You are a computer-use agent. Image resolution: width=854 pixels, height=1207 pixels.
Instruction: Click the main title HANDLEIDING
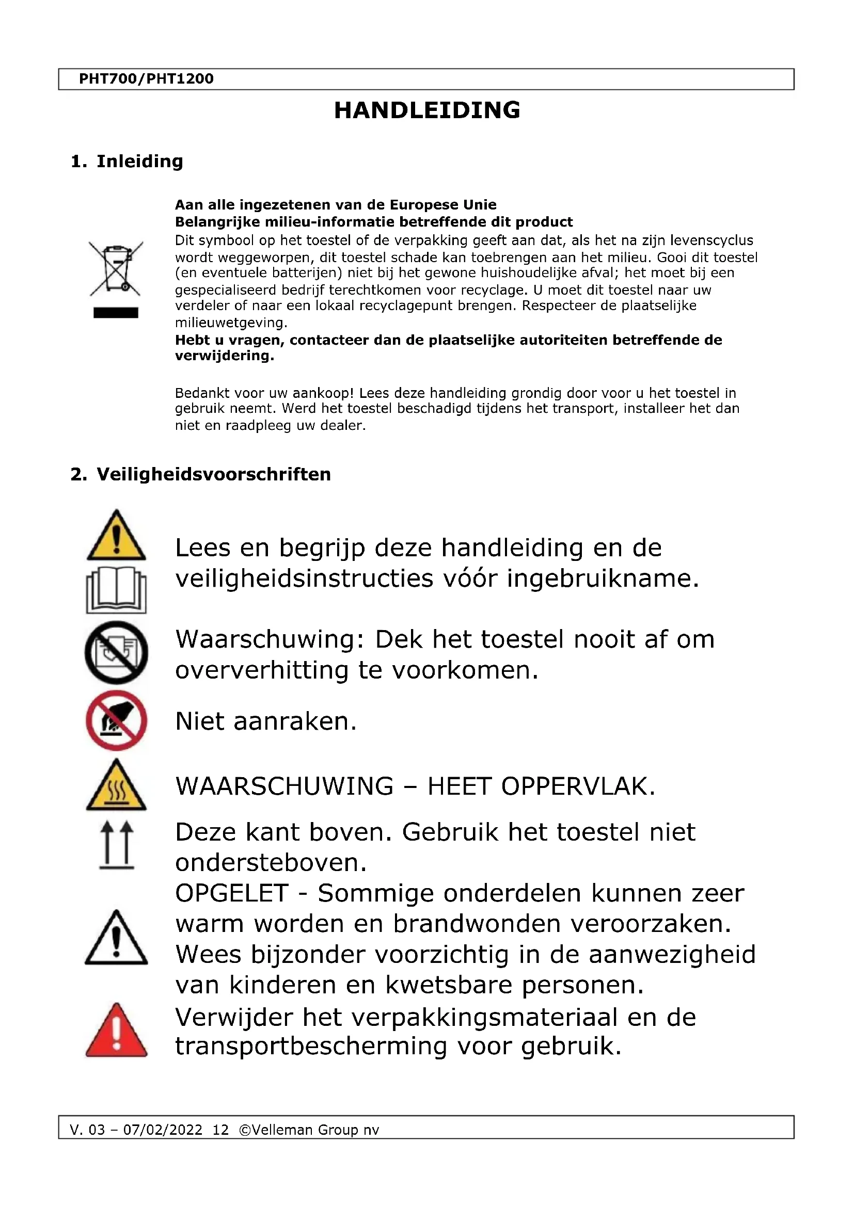click(427, 110)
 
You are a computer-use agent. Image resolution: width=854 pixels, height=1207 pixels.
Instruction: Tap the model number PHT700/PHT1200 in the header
click(146, 79)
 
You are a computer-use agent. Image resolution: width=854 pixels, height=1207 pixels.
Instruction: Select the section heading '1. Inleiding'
click(126, 162)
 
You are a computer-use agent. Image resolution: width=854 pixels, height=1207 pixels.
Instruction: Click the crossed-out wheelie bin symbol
click(116, 268)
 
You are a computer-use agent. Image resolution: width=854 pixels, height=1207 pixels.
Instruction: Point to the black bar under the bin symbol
click(116, 313)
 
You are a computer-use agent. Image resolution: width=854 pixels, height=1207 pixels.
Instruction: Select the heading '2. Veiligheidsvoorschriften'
click(200, 474)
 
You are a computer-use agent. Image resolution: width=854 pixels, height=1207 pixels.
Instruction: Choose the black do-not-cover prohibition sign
click(116, 652)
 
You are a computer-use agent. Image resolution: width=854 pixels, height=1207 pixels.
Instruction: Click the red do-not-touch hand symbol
click(116, 720)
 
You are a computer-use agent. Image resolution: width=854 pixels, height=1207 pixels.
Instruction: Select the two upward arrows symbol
click(116, 845)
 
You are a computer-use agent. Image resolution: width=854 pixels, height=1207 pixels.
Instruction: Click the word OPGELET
click(232, 894)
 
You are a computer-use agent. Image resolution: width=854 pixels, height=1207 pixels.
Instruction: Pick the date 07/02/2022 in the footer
click(163, 1130)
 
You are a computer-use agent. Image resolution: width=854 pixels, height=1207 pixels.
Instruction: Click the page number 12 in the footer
click(220, 1130)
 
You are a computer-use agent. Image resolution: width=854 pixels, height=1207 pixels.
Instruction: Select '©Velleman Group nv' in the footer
click(309, 1130)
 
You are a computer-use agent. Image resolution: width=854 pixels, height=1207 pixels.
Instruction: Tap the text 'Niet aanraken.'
click(265, 721)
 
